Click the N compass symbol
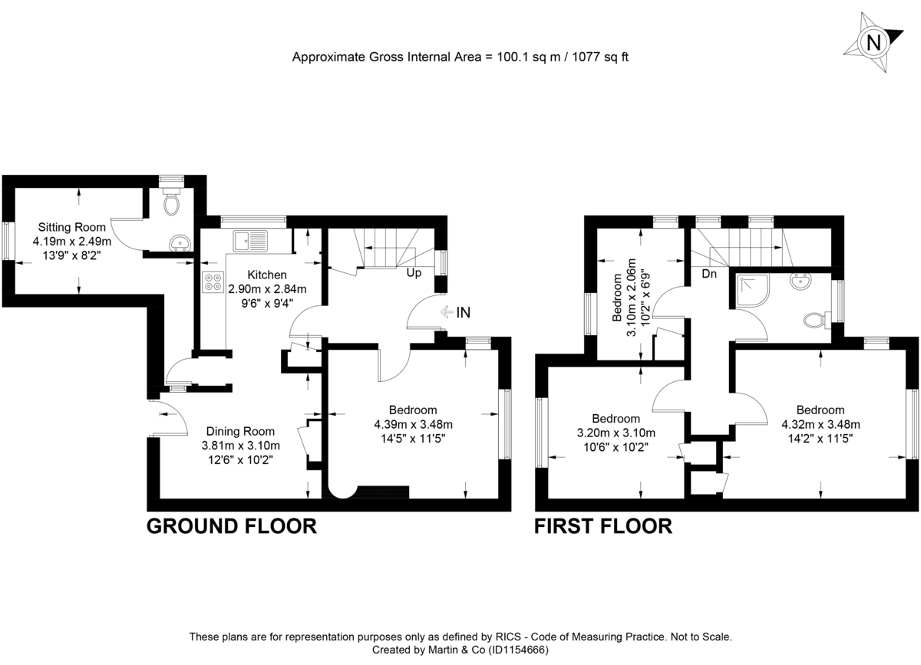coord(873,42)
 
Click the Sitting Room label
coord(72,227)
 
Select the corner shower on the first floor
coord(749,288)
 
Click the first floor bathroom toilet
coord(816,317)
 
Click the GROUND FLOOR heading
coord(232,526)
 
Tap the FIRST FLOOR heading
coord(603,526)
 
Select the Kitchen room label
coord(267,275)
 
